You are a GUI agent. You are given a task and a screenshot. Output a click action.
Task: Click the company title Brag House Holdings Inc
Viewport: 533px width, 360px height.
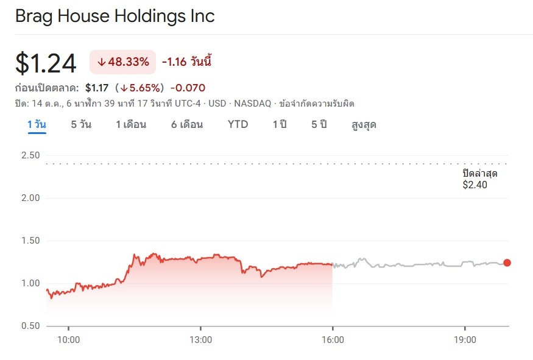tap(115, 16)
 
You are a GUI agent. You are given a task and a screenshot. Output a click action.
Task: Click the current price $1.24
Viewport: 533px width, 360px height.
tap(46, 63)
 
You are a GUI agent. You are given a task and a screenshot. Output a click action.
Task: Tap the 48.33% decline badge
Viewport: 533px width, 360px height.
tap(122, 62)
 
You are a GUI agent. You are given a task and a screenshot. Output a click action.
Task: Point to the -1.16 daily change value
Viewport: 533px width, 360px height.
tap(174, 62)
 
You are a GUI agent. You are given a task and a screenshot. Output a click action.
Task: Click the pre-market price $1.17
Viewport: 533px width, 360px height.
tap(97, 87)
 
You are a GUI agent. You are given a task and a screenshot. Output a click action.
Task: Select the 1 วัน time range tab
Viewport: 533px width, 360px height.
tap(37, 124)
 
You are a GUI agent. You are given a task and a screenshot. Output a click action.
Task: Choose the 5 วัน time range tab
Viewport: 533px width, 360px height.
tap(81, 124)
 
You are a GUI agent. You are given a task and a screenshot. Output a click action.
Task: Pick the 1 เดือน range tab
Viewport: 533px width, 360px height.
tap(131, 124)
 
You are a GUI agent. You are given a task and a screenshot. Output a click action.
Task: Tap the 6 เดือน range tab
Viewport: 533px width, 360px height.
tap(187, 124)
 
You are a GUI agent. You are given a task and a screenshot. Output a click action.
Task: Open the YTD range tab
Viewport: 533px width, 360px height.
tap(238, 124)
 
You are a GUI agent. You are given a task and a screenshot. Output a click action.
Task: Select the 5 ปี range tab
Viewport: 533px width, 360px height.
tap(319, 124)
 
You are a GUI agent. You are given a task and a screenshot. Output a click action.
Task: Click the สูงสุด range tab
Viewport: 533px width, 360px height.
tap(364, 124)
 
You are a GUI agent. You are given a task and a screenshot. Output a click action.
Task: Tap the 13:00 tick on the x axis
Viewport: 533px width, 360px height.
tap(200, 339)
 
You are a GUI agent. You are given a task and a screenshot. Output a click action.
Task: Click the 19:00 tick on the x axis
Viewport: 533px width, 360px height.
tap(465, 339)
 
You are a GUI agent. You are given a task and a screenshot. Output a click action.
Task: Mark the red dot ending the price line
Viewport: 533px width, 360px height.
tap(507, 263)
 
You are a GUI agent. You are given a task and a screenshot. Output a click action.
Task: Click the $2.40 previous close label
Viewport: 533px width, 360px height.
tap(475, 185)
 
